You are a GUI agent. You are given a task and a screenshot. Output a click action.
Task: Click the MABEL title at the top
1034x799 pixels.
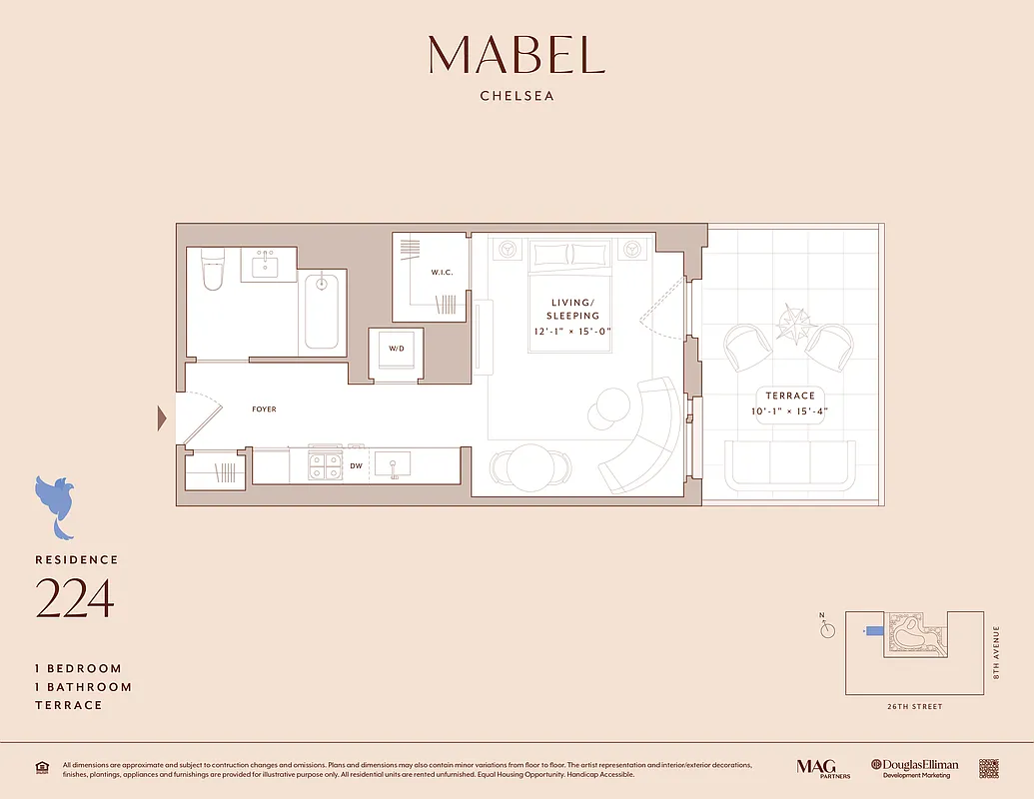point(517,55)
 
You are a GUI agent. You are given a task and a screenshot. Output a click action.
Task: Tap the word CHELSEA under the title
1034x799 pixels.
point(517,97)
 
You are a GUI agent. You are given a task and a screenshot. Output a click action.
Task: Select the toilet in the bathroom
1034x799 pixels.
point(213,269)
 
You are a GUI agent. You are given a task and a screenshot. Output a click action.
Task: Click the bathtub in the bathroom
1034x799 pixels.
point(321,311)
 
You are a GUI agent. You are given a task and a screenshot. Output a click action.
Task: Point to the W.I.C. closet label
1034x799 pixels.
point(443,272)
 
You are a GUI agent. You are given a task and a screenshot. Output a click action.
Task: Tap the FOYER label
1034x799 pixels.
point(265,409)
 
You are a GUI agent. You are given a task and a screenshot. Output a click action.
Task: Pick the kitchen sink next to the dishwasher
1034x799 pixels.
point(394,465)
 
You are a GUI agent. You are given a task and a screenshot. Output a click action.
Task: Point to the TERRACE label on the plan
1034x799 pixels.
point(790,396)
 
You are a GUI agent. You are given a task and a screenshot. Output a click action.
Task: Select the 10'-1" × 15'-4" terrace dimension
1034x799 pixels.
point(790,411)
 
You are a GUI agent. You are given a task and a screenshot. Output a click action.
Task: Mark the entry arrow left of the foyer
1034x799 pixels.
point(162,418)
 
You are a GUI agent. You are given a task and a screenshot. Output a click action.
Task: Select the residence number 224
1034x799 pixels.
point(75,598)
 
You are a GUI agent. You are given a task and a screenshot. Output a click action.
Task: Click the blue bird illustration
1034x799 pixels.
point(55,503)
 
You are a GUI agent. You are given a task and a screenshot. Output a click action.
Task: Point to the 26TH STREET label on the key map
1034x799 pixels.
point(913,706)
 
